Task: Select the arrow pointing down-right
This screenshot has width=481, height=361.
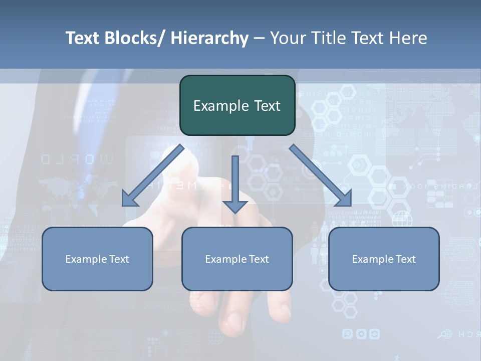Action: tap(318, 173)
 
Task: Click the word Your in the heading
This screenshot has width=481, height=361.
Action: tap(287, 38)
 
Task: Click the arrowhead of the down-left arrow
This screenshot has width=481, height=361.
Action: tap(130, 199)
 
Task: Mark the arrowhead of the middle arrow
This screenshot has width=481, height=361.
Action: tap(235, 206)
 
